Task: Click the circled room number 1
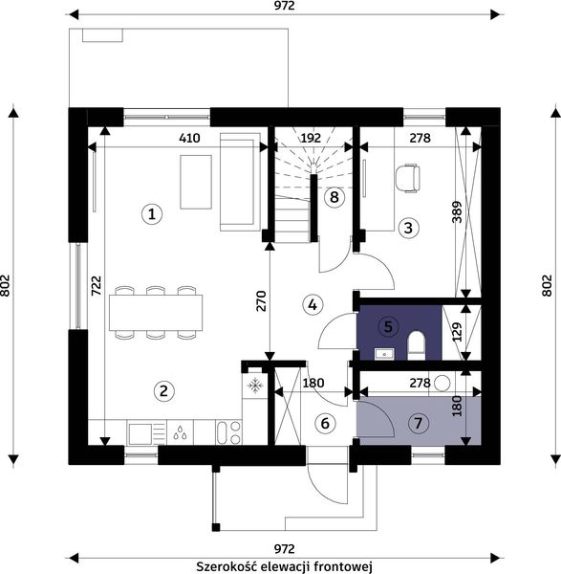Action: point(152,213)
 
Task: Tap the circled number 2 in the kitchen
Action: point(163,391)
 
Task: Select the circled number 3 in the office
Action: point(408,228)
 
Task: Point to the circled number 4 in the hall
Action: point(313,304)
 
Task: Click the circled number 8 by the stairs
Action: point(334,197)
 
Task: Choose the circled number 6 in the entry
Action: point(325,424)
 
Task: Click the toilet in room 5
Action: point(417,345)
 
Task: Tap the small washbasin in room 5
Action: point(384,354)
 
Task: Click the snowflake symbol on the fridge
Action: point(255,386)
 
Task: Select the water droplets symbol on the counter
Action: point(180,432)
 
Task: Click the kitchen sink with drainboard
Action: point(146,433)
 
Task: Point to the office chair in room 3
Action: point(407,178)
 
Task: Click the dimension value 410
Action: point(189,138)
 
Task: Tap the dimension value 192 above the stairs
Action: point(311,138)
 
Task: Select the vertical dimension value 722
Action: point(96,285)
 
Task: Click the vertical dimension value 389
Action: point(457,212)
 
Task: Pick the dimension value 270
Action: point(261,301)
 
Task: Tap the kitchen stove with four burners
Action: point(228,433)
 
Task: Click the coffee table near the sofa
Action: point(196,182)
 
